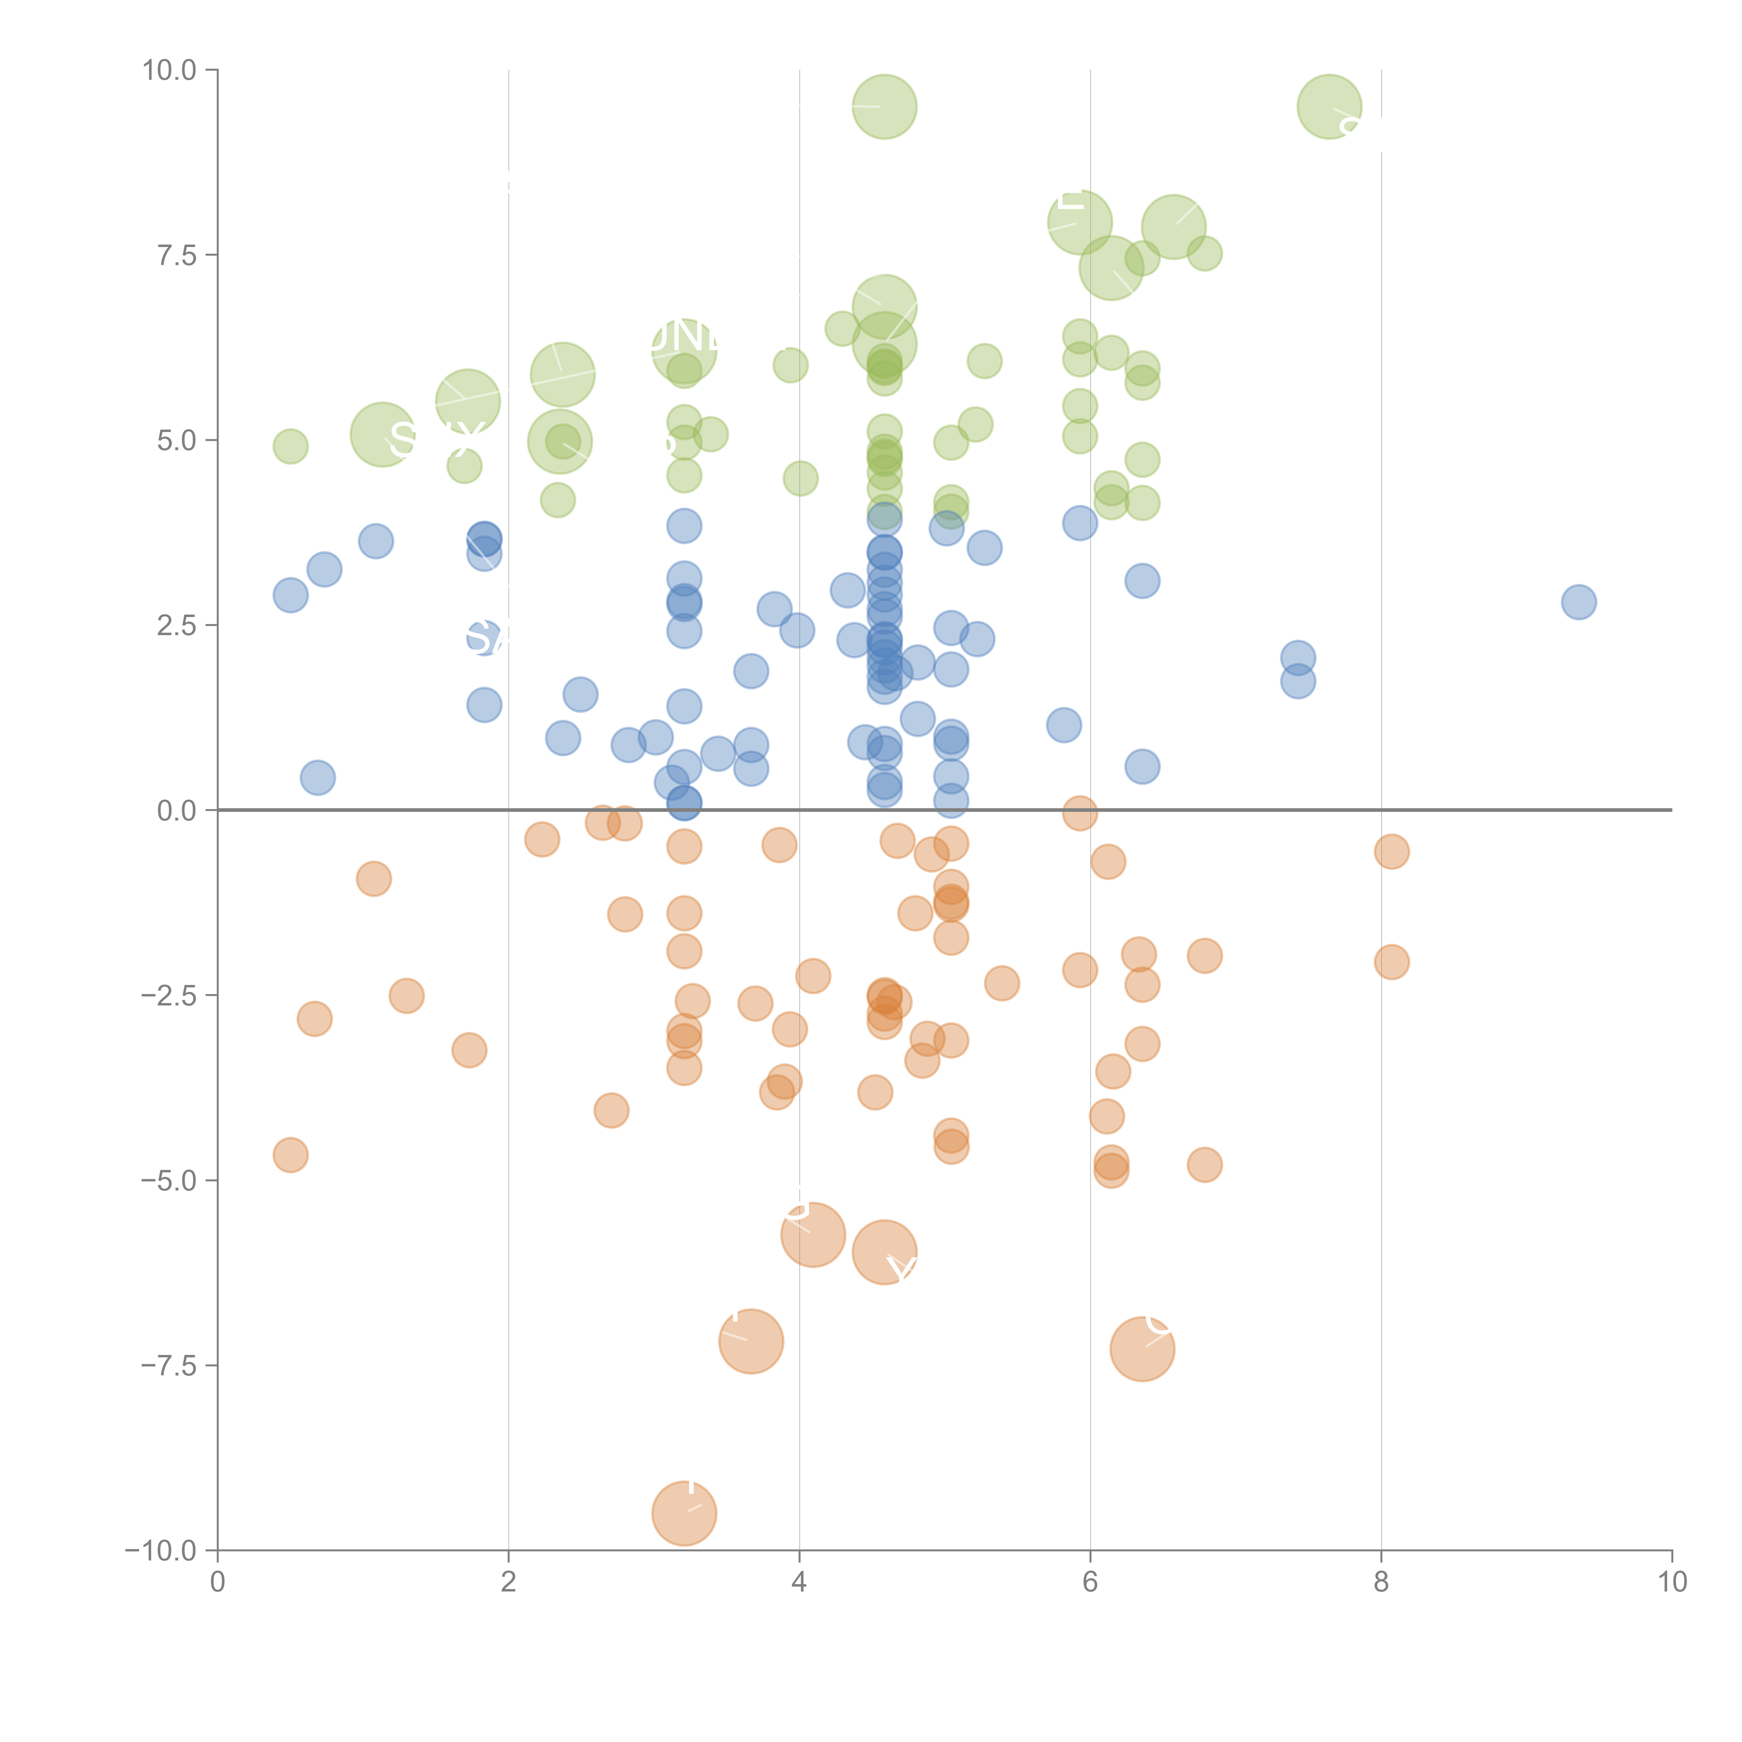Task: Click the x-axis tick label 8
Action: click(1381, 1582)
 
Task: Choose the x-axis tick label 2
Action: click(509, 1582)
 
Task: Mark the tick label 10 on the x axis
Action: click(1672, 1582)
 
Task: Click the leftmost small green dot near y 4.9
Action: click(290, 446)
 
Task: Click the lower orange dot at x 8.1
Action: click(1391, 962)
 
